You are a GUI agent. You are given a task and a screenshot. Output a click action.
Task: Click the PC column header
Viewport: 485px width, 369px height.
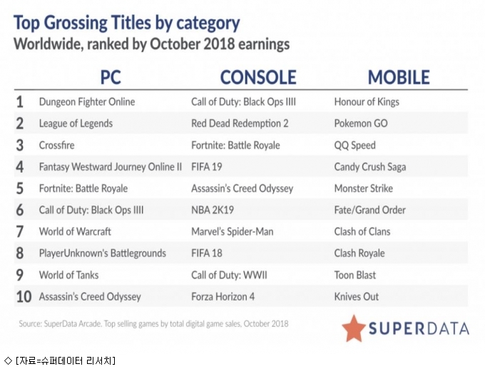(111, 77)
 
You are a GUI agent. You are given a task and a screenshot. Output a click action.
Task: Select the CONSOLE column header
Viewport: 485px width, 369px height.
(258, 77)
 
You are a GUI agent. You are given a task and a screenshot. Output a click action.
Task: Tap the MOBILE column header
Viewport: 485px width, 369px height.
(399, 77)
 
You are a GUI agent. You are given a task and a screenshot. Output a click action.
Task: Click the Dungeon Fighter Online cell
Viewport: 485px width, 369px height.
(87, 102)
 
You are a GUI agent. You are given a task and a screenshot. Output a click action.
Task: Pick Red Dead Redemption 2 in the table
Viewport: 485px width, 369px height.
(240, 123)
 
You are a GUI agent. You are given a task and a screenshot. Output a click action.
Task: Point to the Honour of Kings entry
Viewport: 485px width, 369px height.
(367, 102)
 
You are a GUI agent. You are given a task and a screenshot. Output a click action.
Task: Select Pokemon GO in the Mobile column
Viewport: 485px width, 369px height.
(361, 123)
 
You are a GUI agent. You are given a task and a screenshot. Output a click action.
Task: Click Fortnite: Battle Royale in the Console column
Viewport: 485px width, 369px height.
(235, 145)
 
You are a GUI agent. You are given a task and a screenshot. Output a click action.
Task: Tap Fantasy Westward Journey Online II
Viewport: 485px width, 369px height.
(111, 167)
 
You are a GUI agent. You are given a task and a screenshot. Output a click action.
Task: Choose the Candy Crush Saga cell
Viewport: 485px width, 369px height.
(370, 167)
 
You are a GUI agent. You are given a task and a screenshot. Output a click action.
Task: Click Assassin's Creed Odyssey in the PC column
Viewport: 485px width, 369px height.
(90, 297)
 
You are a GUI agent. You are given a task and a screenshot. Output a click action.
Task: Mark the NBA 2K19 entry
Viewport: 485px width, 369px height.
(213, 210)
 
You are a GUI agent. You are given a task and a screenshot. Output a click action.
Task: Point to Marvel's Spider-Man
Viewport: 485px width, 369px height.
(233, 231)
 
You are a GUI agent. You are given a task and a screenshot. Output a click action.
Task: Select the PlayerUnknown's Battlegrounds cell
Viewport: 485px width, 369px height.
(103, 253)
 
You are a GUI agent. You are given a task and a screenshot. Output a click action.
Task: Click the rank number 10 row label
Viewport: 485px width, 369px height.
(24, 297)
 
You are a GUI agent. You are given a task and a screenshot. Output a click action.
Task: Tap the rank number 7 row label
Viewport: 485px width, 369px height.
(19, 231)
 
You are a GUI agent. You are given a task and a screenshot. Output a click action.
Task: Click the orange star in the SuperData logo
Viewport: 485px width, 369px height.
(354, 328)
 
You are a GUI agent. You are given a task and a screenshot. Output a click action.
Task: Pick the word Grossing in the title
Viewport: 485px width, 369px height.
(75, 24)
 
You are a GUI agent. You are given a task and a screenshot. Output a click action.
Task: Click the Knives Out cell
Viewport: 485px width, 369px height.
(357, 297)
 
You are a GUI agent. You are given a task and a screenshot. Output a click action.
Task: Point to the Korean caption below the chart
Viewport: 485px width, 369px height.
(60, 360)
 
